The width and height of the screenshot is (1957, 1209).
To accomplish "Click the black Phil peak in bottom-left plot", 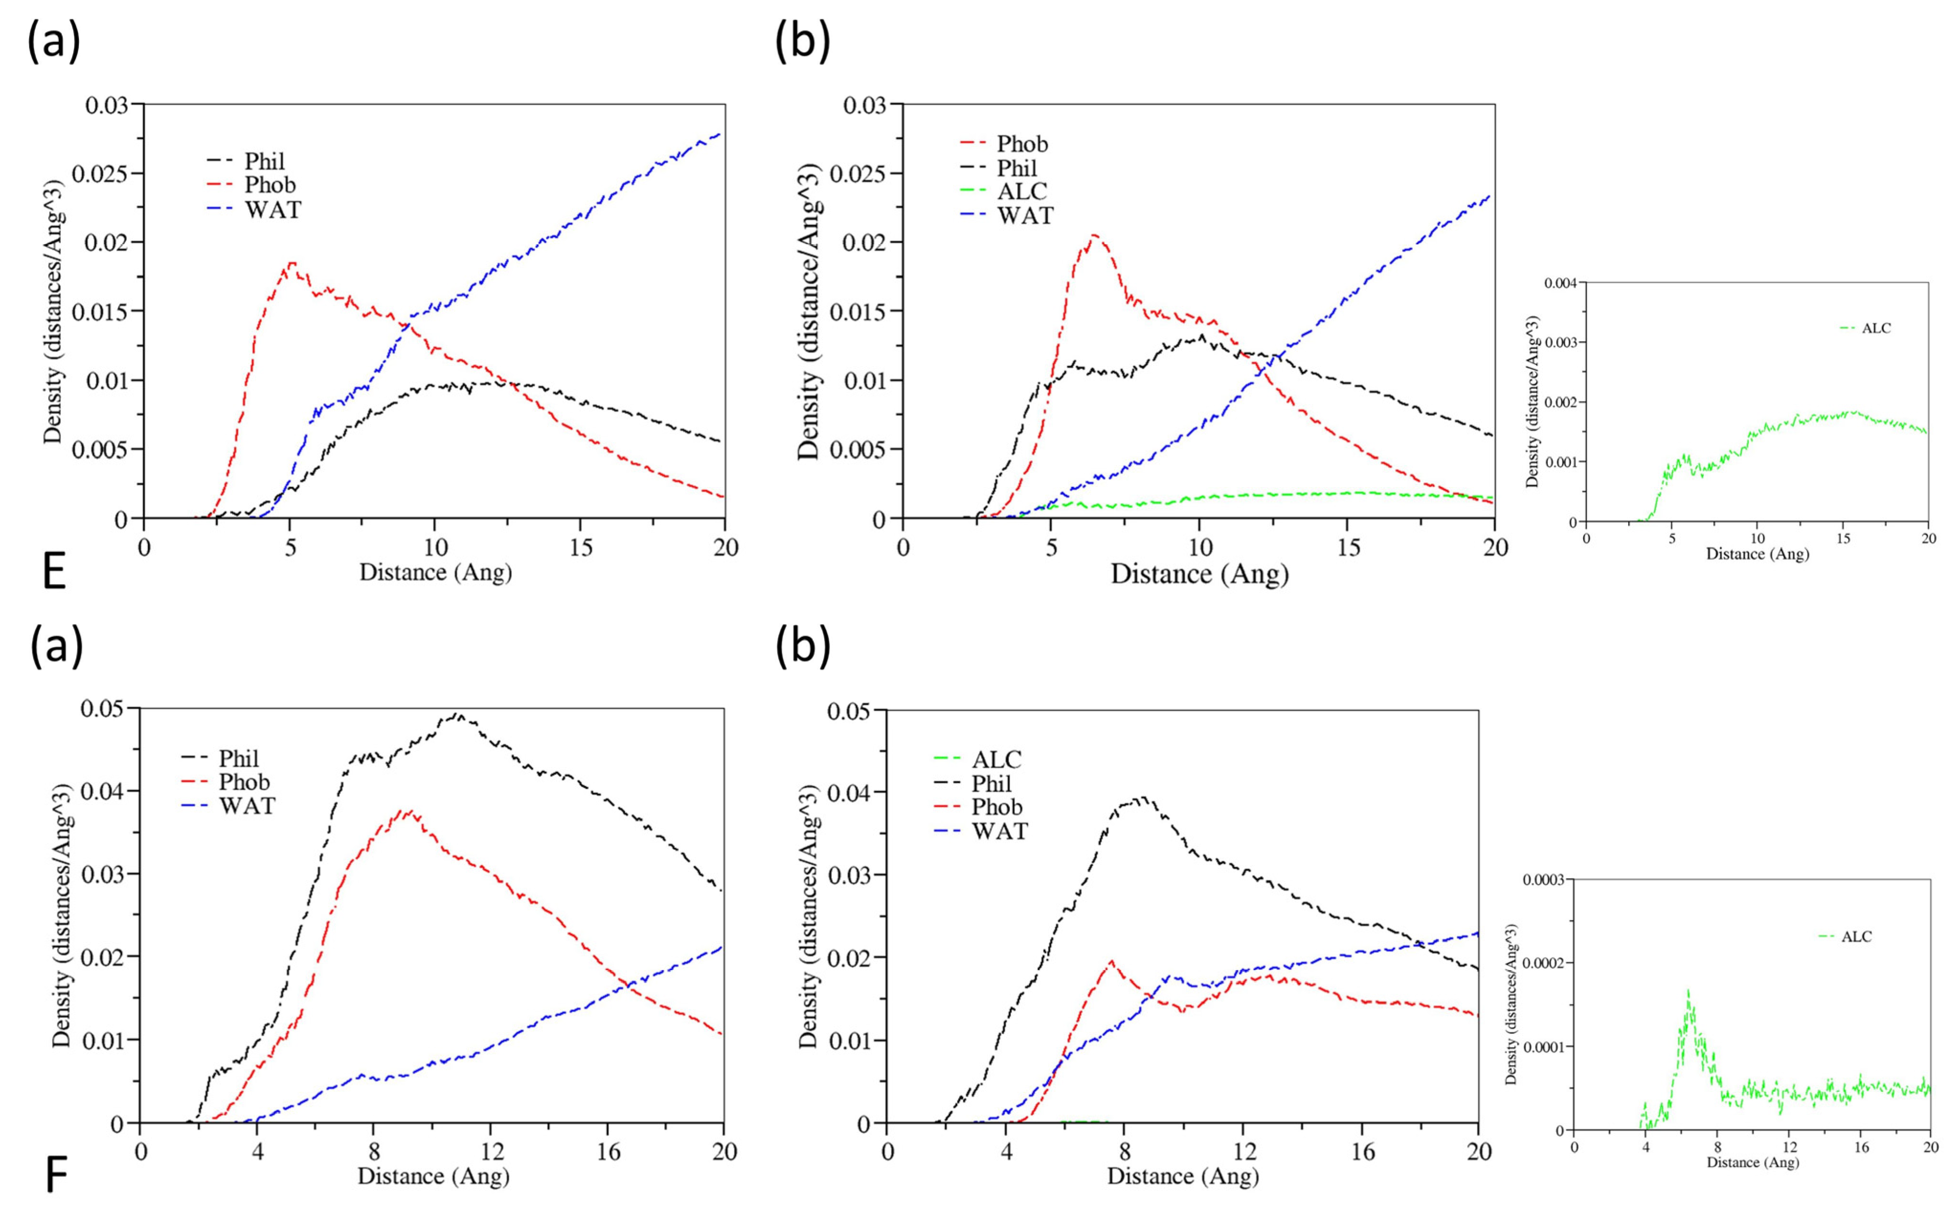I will (457, 715).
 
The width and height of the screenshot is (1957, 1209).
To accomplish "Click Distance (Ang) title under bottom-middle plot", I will (1182, 1176).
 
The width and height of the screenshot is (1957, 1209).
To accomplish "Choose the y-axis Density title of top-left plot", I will (53, 312).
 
